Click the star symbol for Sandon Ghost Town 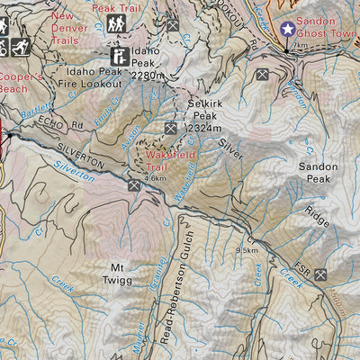(x=287, y=30)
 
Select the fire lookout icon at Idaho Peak (x=118, y=55)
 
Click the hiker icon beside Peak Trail (x=116, y=24)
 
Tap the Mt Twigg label (x=121, y=274)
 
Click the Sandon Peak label (x=318, y=174)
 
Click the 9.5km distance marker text (x=247, y=250)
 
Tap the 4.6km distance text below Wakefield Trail (x=155, y=178)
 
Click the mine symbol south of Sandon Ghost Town (x=262, y=74)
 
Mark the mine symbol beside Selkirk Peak (x=170, y=129)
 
